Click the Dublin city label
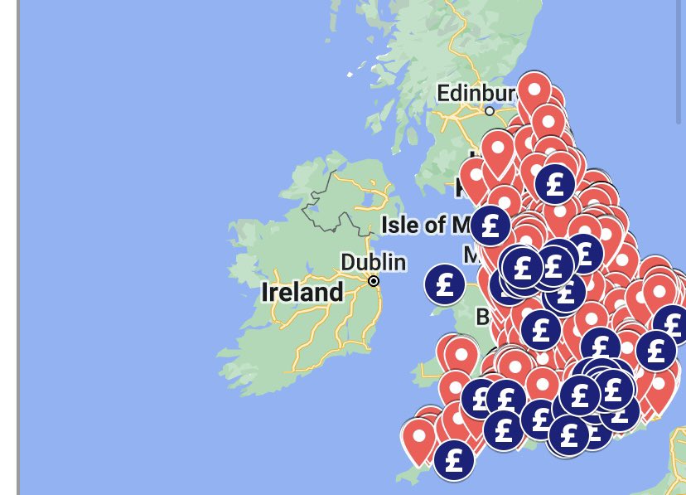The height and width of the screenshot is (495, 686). pos(373,262)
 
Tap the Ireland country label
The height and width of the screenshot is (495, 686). pos(302,292)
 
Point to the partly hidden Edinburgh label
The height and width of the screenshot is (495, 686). pos(476,92)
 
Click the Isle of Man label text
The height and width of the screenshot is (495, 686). pos(424,225)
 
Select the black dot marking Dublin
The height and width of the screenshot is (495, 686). pos(374,281)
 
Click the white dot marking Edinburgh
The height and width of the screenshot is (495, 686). pos(490,111)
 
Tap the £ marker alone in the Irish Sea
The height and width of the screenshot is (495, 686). pos(445,284)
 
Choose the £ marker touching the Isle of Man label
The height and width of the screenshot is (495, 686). pos(490,226)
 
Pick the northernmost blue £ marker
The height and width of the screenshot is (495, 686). pos(555,183)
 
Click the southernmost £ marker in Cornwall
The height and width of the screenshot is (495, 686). pos(453,460)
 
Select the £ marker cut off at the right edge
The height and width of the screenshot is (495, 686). pos(673,325)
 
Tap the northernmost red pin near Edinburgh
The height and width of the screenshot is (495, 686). pos(534,93)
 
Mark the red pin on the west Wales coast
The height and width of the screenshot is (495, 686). pos(461,355)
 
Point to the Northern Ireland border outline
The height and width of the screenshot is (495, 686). pos(319,199)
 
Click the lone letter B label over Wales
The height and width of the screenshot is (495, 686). pos(482,317)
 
